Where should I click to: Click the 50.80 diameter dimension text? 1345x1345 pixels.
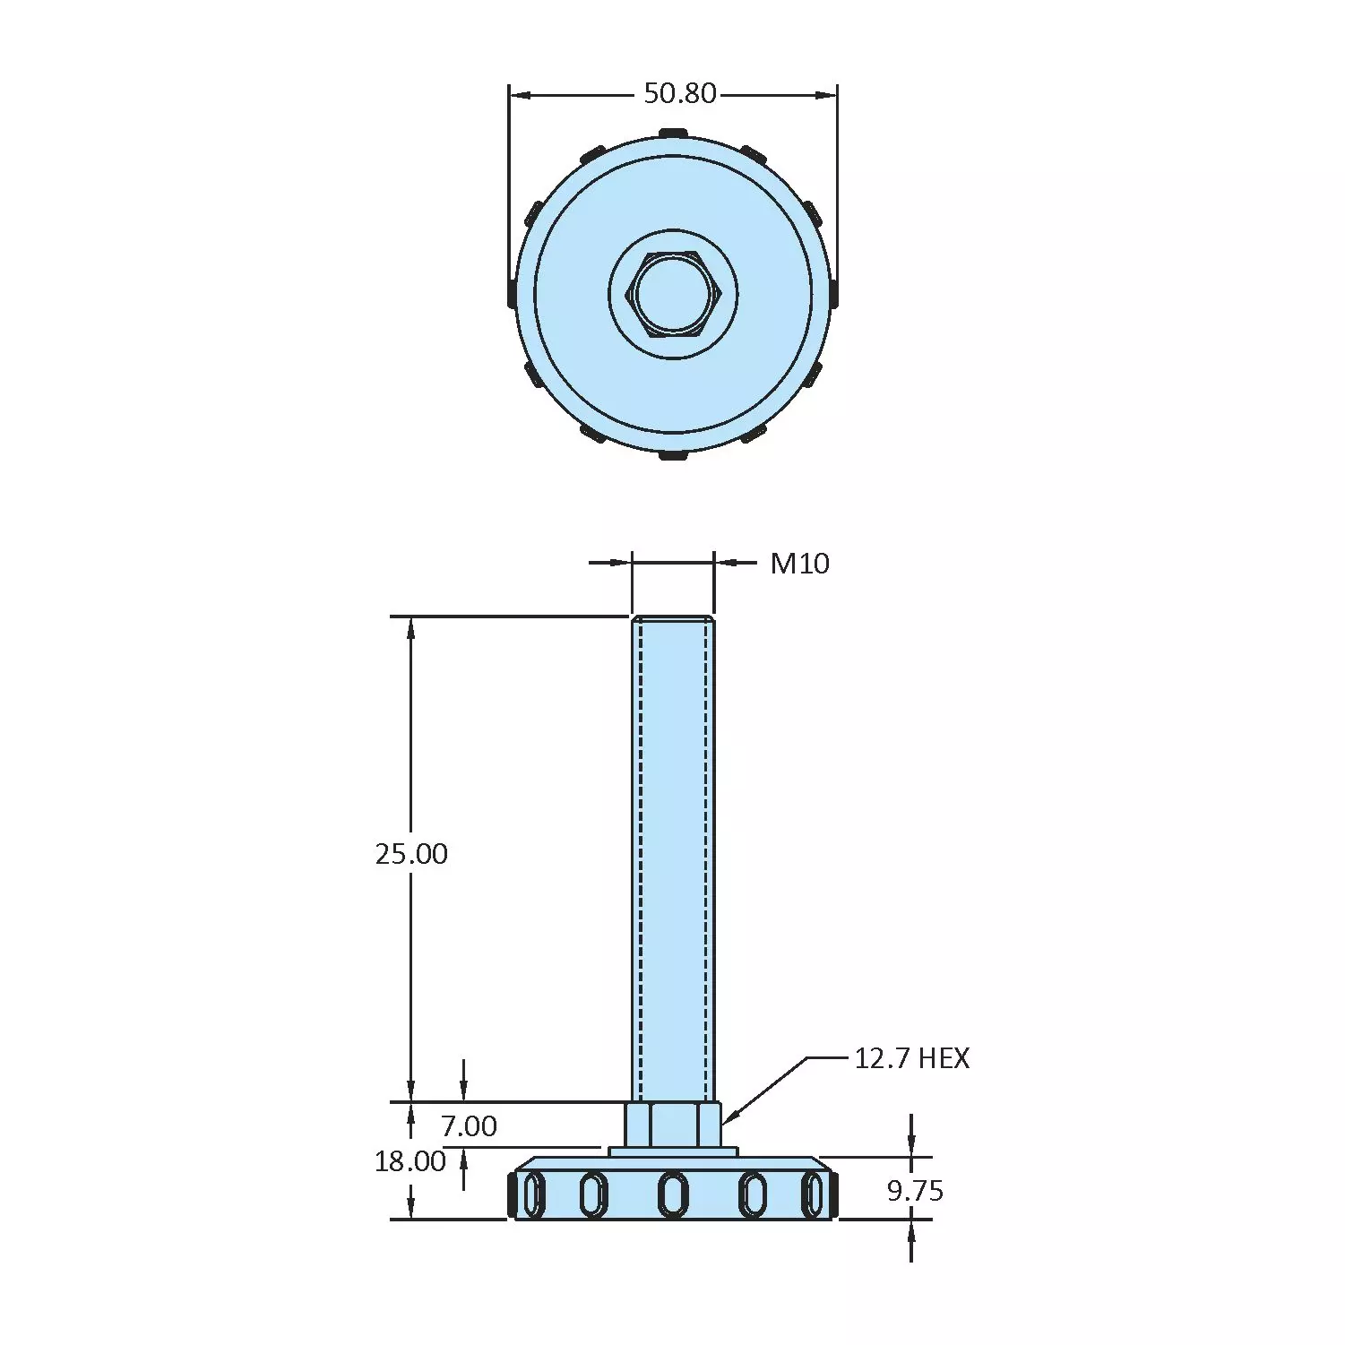pos(680,93)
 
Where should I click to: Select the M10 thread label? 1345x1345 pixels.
pos(799,564)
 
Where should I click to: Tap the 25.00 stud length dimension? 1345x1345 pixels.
pos(411,853)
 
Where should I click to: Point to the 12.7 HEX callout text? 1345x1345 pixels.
pos(911,1058)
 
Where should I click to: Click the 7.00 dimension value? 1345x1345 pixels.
pos(469,1125)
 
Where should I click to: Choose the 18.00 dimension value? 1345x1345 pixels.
pos(410,1161)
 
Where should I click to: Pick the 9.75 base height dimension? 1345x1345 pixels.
pos(915,1191)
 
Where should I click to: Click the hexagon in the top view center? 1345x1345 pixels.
pos(674,294)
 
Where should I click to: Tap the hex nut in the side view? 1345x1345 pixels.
pos(673,1125)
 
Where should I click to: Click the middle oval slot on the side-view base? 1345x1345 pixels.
pos(673,1194)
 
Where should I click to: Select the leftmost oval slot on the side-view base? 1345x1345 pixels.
pos(533,1195)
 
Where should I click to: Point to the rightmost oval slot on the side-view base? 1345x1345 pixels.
pos(813,1195)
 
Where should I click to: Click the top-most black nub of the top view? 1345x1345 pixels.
pos(673,134)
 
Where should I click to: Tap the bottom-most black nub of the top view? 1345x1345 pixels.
pos(673,455)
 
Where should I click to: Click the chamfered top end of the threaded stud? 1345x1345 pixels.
pos(673,619)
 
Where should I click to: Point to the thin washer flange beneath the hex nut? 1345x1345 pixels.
pos(673,1151)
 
